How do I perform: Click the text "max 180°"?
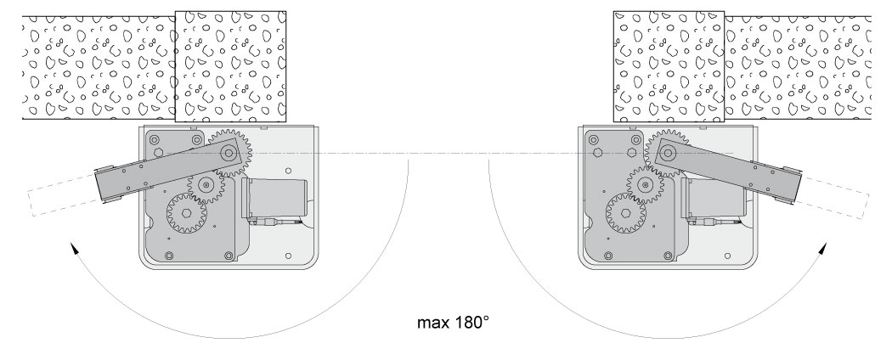[x=454, y=323]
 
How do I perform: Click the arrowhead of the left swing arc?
[x=73, y=248]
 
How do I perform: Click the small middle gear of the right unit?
[x=646, y=184]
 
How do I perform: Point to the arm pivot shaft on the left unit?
[x=228, y=153]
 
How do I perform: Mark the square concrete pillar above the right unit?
[x=669, y=65]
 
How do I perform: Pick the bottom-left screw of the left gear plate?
[x=169, y=255]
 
